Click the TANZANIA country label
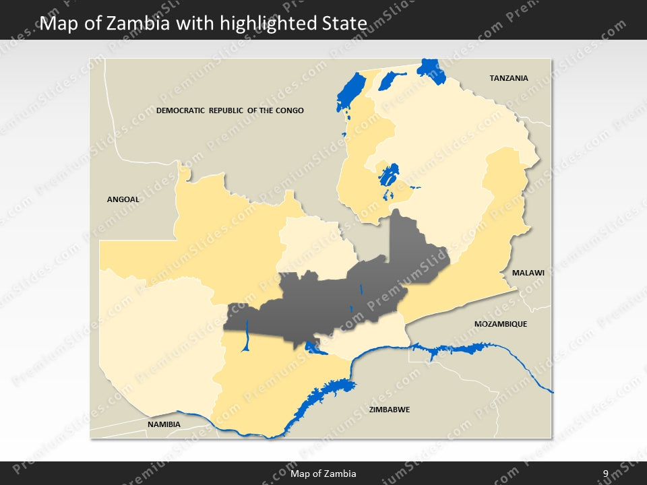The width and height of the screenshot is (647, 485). [x=508, y=78]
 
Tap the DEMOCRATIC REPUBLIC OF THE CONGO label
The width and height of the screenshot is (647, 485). [x=230, y=110]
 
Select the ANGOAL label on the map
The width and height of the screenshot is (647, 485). [x=123, y=199]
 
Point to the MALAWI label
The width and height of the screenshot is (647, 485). [x=528, y=273]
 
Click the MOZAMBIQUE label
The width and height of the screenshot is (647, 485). [x=500, y=324]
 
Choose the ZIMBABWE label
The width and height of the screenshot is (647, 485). [x=390, y=410]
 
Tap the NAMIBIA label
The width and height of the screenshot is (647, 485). [x=164, y=424]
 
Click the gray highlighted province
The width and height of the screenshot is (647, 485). [x=337, y=296]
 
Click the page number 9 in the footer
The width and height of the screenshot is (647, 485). [x=605, y=474]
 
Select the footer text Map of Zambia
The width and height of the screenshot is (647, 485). [x=323, y=474]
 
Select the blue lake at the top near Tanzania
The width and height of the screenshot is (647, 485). [x=427, y=69]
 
